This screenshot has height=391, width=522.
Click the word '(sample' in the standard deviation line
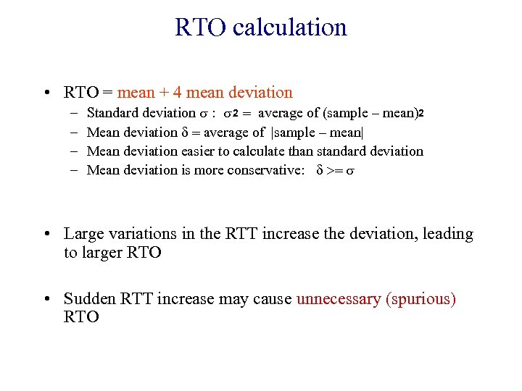(346, 113)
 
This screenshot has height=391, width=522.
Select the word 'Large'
(84, 234)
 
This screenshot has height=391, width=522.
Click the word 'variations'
(143, 234)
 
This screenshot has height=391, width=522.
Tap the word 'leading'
(447, 234)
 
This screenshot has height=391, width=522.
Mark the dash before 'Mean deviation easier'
(75, 151)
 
